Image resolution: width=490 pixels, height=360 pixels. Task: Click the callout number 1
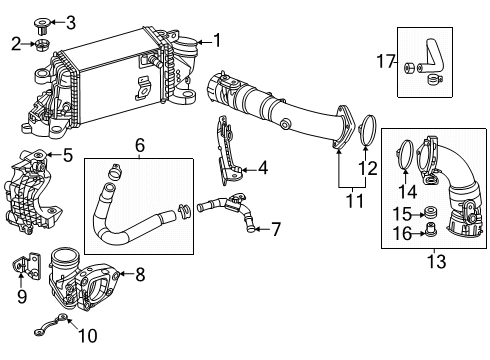(x=217, y=40)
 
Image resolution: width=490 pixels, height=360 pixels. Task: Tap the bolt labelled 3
(x=42, y=27)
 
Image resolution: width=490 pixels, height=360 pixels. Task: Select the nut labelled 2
(x=42, y=45)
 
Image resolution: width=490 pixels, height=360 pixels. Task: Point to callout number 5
(x=68, y=155)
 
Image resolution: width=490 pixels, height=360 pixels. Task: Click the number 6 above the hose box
(x=140, y=145)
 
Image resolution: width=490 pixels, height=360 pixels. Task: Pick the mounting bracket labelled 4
(x=230, y=150)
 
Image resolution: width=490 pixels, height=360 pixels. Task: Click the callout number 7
(x=276, y=229)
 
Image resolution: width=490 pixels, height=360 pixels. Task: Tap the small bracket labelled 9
(x=26, y=265)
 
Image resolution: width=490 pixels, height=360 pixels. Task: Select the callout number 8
(x=140, y=275)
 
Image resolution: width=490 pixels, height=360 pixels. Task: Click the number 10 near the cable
(x=88, y=335)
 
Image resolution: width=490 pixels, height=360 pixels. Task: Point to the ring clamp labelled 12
(x=368, y=130)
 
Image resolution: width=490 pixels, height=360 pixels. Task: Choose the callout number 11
(x=354, y=201)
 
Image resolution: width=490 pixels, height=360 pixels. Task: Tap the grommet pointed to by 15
(x=431, y=213)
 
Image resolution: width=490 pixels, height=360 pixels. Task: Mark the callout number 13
(x=436, y=261)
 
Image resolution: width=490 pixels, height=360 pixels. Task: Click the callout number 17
(x=386, y=62)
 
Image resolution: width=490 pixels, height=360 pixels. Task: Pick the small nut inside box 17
(x=409, y=68)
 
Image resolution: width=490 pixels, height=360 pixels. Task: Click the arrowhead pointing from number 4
(x=244, y=170)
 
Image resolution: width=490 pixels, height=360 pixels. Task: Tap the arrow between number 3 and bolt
(x=57, y=23)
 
